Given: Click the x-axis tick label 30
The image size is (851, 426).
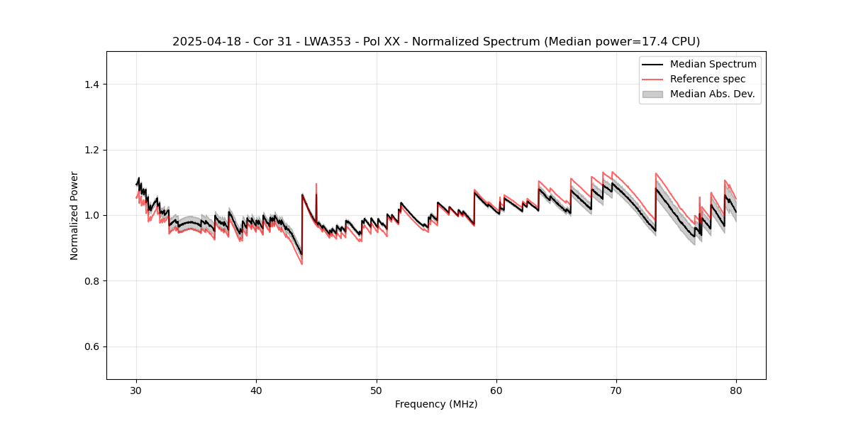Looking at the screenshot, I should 136,390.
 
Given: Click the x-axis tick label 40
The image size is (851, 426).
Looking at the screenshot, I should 256,390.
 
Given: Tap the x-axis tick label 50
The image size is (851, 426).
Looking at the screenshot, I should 377,390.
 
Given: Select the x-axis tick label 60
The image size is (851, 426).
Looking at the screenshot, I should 496,390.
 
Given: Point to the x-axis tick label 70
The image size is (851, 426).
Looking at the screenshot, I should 616,390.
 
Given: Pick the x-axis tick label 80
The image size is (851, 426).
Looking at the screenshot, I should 736,390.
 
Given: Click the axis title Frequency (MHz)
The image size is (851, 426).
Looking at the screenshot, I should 436,405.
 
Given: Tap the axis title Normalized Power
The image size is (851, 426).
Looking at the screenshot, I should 74,215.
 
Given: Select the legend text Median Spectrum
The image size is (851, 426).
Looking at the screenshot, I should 713,64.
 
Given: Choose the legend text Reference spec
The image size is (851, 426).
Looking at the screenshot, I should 708,79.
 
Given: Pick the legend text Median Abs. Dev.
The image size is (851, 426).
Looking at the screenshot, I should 712,94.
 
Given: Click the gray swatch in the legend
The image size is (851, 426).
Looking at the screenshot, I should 652,94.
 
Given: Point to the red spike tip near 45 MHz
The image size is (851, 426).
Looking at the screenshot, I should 316,184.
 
